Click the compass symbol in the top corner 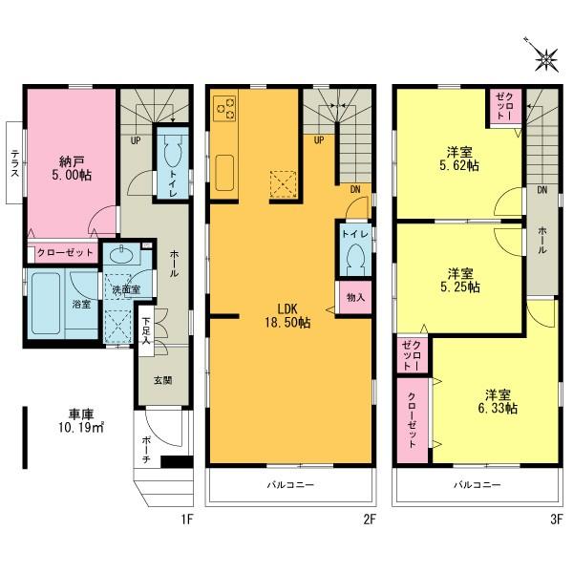tap(545, 59)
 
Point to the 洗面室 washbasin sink tap(121, 256)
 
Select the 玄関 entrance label tap(163, 380)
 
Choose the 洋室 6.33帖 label tap(499, 401)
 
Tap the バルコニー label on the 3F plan tap(477, 484)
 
